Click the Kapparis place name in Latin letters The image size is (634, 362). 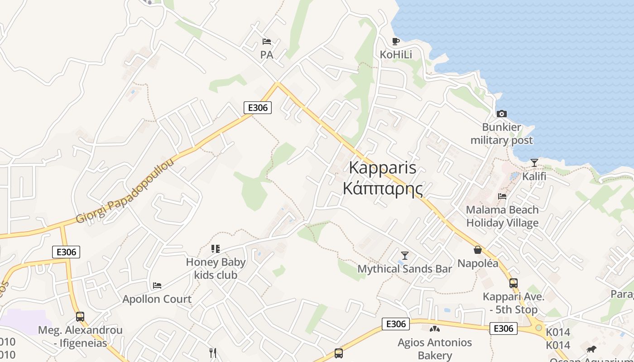tap(383, 168)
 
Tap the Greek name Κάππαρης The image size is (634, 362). tap(383, 188)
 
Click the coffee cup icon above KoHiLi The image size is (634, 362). tap(396, 42)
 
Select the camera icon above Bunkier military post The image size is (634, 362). tap(501, 114)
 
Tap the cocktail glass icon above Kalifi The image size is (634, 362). tap(534, 163)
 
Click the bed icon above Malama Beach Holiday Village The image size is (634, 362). tap(502, 196)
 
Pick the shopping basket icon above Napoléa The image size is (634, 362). tap(478, 250)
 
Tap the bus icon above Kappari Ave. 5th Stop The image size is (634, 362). tap(513, 283)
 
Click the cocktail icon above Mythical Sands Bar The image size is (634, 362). tap(405, 255)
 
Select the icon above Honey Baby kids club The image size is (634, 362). tap(216, 248)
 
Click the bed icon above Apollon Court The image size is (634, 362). tap(157, 286)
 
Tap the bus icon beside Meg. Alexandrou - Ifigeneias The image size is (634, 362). tap(80, 316)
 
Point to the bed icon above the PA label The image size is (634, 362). tap(267, 42)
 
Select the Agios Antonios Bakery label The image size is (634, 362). tap(435, 349)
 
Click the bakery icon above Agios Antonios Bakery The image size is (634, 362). tap(435, 329)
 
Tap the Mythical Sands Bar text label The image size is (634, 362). tap(405, 269)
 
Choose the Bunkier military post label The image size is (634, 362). tap(502, 133)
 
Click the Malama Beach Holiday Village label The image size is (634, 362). tap(502, 216)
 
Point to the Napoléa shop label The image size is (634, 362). tap(478, 263)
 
